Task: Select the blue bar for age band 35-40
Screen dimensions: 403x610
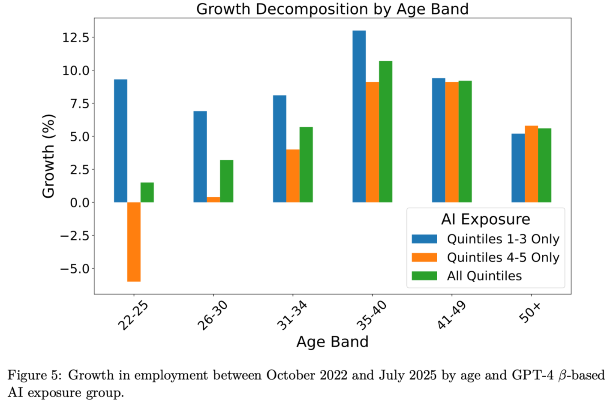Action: (x=359, y=116)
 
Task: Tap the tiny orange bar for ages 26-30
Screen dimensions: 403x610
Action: (x=213, y=199)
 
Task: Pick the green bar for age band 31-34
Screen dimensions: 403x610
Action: (x=306, y=165)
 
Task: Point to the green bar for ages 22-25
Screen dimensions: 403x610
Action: (x=147, y=192)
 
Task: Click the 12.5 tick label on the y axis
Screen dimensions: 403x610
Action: (x=76, y=38)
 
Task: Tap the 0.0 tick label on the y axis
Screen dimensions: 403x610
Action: (x=80, y=203)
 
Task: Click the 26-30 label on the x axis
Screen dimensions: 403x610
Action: (x=212, y=316)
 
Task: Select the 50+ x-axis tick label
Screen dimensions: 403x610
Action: (x=530, y=312)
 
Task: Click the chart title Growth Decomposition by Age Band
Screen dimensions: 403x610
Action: (x=332, y=9)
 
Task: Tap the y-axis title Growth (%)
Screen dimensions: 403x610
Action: (x=48, y=156)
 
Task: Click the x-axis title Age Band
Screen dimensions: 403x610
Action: (x=332, y=342)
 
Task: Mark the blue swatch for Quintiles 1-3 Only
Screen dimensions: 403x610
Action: (x=424, y=239)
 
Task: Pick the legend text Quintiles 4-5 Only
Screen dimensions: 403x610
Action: (x=503, y=257)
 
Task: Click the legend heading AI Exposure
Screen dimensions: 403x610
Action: (x=486, y=219)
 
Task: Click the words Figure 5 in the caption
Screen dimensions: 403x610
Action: (x=34, y=375)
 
